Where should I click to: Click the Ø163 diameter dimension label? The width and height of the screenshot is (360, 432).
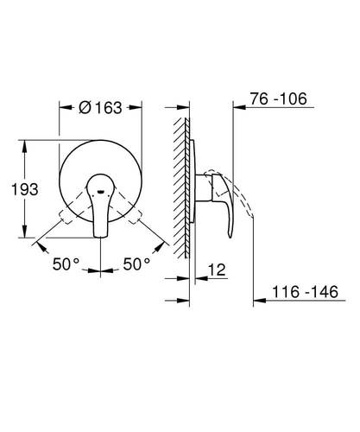point(100,108)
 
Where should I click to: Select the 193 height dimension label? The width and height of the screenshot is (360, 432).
point(25,189)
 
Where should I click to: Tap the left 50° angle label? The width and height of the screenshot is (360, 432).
point(66,264)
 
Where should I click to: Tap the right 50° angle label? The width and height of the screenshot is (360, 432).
point(136,264)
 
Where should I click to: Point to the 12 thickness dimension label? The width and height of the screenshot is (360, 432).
point(217,270)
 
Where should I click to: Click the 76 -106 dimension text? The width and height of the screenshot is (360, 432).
point(278,98)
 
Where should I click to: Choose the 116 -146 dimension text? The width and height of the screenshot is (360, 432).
point(305,292)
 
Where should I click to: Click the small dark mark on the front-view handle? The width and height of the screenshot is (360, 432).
point(100,192)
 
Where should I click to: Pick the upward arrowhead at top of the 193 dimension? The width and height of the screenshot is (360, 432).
point(25,147)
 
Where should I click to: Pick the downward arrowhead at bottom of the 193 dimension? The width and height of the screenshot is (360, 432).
point(25,231)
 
